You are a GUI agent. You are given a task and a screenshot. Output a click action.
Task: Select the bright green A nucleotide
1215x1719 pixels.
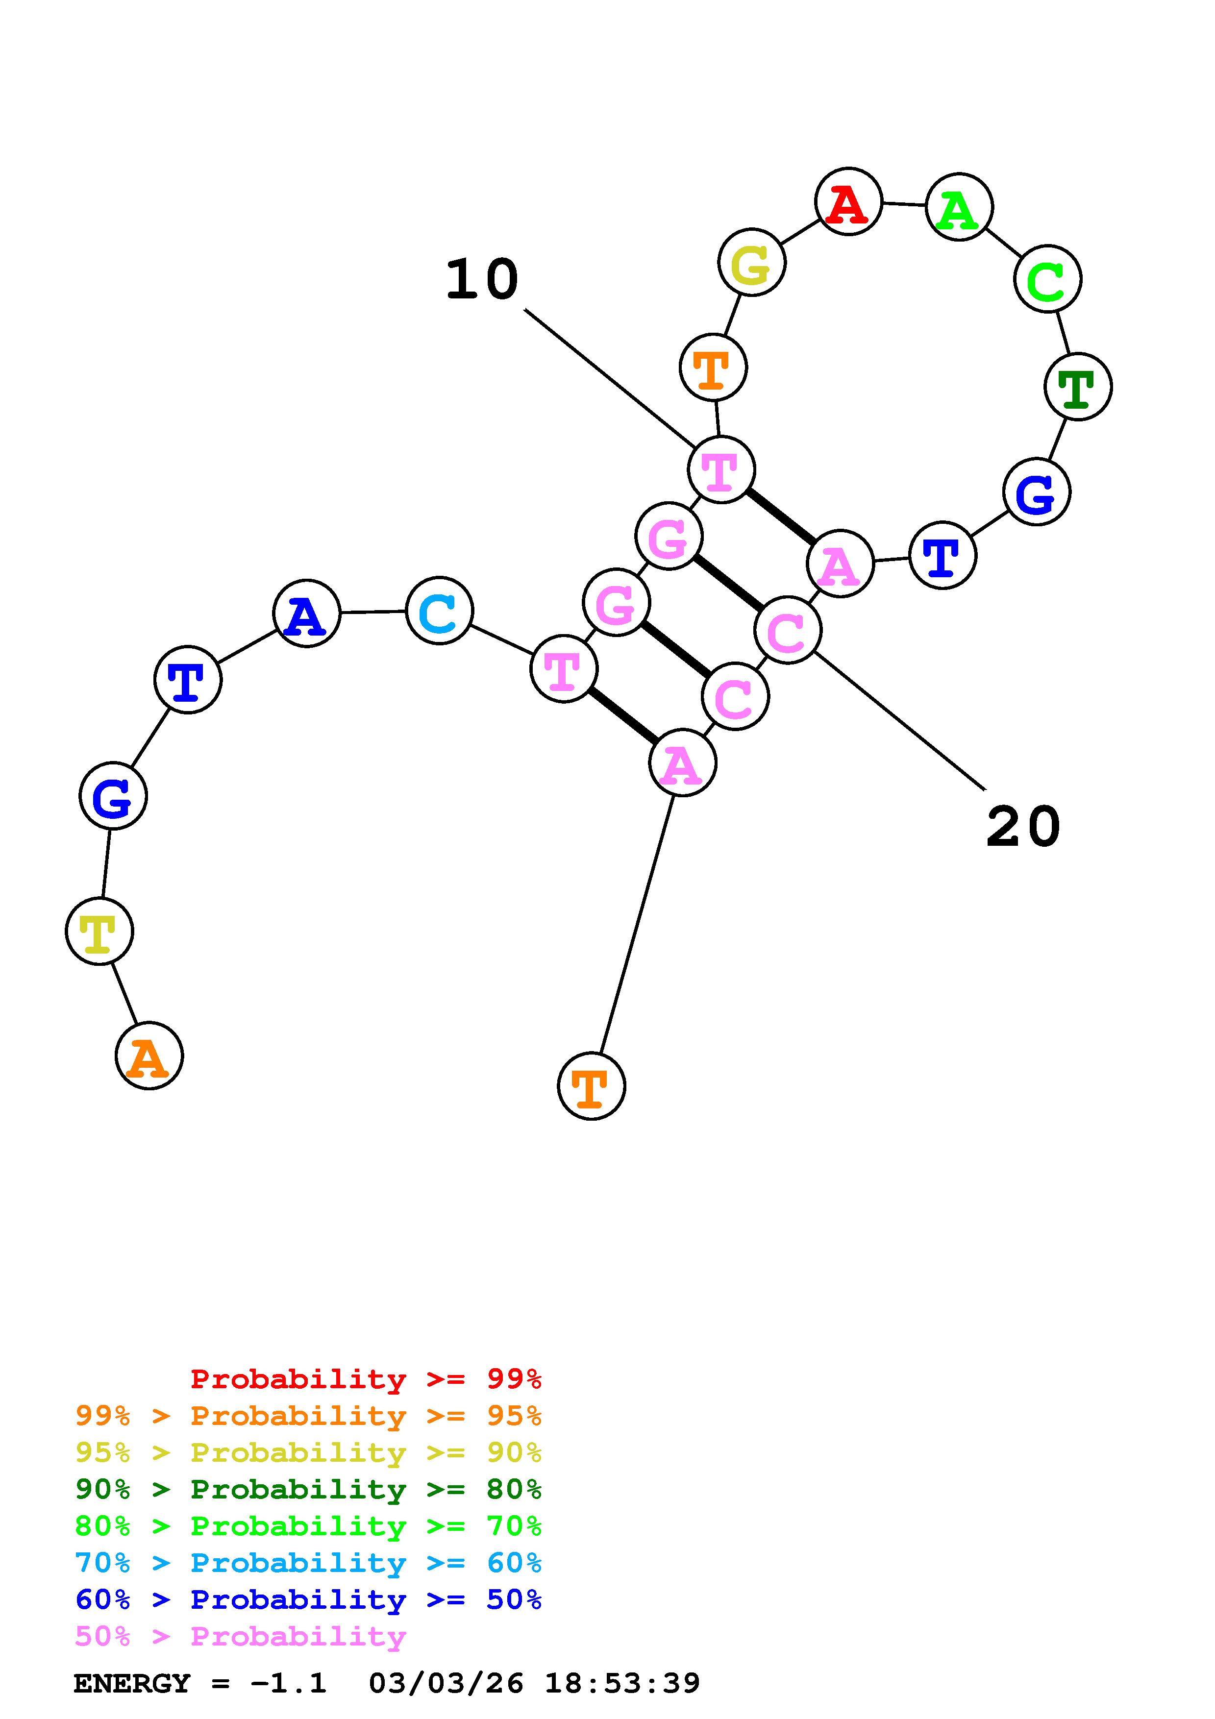pyautogui.click(x=959, y=207)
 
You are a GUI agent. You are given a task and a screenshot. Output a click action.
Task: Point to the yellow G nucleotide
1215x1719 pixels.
pyautogui.click(x=752, y=263)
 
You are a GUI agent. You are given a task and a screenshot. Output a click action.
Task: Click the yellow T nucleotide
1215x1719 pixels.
pyautogui.click(x=99, y=932)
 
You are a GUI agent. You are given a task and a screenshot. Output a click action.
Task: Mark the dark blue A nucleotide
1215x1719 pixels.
pyautogui.click(x=306, y=614)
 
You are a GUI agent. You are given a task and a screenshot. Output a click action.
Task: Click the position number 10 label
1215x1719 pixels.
pyautogui.click(x=482, y=280)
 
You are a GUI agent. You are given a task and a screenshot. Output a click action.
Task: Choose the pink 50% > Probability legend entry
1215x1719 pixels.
pyautogui.click(x=240, y=1637)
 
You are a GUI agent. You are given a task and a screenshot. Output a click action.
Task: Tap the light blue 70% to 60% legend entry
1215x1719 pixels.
pyautogui.click(x=308, y=1563)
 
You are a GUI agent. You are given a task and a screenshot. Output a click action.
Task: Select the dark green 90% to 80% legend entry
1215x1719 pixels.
pyautogui.click(x=308, y=1489)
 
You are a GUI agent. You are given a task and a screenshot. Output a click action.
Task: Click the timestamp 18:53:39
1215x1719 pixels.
pyautogui.click(x=621, y=1684)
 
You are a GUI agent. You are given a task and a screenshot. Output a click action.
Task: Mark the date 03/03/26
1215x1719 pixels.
pyautogui.click(x=446, y=1684)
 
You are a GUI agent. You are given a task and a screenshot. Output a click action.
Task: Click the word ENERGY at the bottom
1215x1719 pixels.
pyautogui.click(x=132, y=1684)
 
